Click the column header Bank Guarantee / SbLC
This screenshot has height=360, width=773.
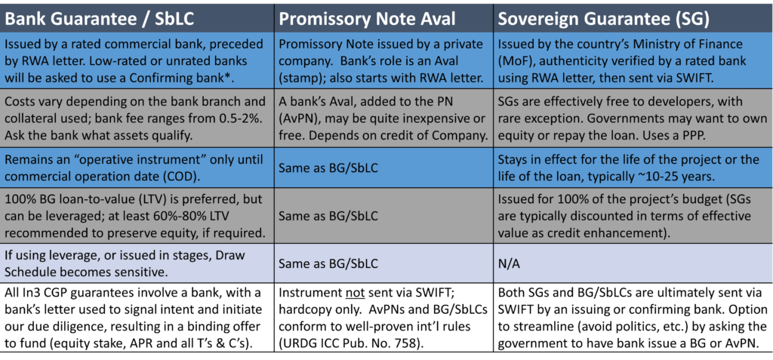click(100, 18)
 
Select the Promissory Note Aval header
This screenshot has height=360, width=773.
click(368, 18)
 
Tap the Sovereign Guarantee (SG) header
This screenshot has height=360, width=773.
click(604, 18)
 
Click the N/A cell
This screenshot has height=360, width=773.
click(508, 264)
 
